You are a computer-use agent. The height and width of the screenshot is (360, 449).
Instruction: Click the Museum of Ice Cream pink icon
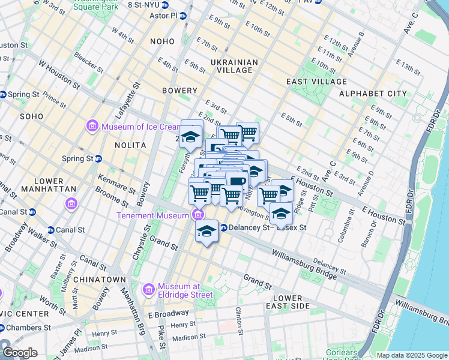pyautogui.click(x=92, y=127)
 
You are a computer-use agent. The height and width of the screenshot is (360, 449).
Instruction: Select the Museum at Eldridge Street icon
pyautogui.click(x=149, y=290)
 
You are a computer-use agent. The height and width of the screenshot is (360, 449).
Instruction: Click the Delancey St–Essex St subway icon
pyautogui.click(x=223, y=228)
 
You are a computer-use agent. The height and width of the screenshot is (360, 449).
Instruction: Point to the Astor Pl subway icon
pyautogui.click(x=182, y=15)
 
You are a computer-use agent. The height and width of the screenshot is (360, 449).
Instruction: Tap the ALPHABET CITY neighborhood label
pyautogui.click(x=373, y=94)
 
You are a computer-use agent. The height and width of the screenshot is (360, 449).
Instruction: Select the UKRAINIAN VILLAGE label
pyautogui.click(x=234, y=66)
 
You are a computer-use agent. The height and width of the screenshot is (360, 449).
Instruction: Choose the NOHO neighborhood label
pyautogui.click(x=163, y=41)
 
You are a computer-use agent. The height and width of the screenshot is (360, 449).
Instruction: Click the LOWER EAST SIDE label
pyautogui.click(x=291, y=302)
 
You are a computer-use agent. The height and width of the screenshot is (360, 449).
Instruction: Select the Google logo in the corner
pyautogui.click(x=20, y=353)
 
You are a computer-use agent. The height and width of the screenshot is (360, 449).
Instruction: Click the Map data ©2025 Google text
pyautogui.click(x=411, y=355)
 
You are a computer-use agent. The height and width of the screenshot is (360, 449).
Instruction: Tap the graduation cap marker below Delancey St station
pyautogui.click(x=206, y=231)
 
